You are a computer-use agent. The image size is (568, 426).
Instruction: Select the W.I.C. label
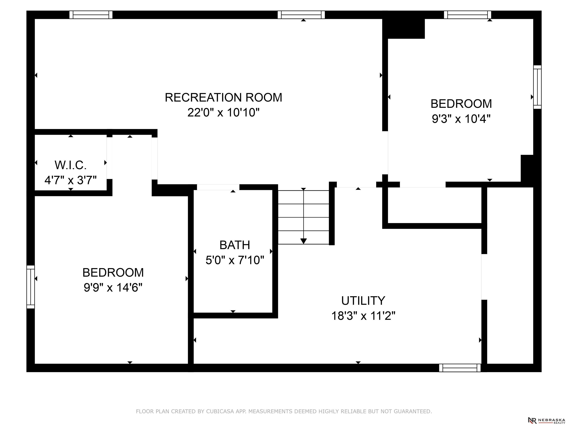click(x=71, y=165)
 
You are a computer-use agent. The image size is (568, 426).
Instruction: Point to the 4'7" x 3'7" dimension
click(x=71, y=180)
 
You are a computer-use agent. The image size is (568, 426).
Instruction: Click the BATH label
click(x=235, y=245)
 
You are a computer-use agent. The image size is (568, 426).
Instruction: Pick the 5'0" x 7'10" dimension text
click(x=235, y=260)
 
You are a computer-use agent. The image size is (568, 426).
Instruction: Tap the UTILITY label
click(x=363, y=300)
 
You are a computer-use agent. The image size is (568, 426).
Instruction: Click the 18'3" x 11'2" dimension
click(x=363, y=316)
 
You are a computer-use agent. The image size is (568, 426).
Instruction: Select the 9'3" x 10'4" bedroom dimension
click(x=461, y=119)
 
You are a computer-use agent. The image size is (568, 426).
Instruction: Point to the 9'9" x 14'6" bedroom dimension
click(x=113, y=288)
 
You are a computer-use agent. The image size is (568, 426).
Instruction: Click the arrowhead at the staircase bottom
click(x=304, y=241)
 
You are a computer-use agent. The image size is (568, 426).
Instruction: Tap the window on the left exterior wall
click(x=31, y=287)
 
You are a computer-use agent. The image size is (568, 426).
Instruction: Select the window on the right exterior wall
click(x=537, y=87)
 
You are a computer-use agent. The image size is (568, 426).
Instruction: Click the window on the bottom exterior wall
click(x=460, y=368)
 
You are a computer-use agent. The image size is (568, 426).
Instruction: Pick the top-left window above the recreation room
click(x=91, y=15)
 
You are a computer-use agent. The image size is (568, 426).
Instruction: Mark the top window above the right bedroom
click(x=468, y=15)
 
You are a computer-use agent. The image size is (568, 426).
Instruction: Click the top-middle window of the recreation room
click(x=301, y=15)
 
